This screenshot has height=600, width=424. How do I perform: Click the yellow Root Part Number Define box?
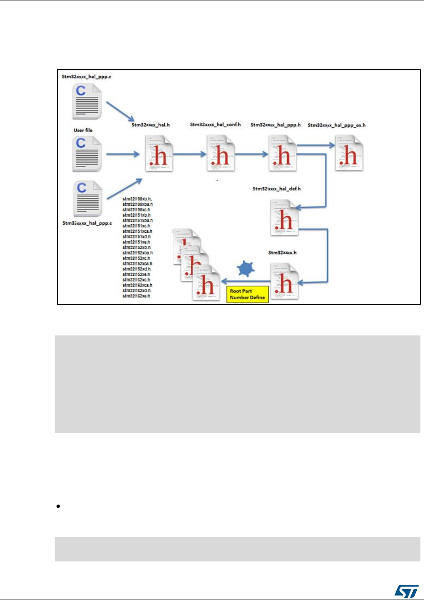pos(247,294)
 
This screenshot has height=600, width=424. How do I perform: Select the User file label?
pos(83,130)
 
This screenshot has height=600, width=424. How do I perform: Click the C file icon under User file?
pos(87,154)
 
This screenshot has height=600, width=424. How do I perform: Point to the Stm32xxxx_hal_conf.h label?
pos(215,125)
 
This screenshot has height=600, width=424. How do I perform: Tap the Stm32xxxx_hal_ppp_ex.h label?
pos(337,125)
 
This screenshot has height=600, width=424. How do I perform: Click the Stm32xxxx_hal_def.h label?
pos(276,189)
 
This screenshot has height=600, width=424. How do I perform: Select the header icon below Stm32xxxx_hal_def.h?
pos(284,217)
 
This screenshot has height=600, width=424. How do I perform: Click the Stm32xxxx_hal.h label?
pos(150,125)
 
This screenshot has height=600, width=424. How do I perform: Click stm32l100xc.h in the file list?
pos(136,210)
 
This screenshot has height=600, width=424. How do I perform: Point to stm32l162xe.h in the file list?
pos(136,296)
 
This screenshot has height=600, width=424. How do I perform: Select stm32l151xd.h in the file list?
pos(136,237)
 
